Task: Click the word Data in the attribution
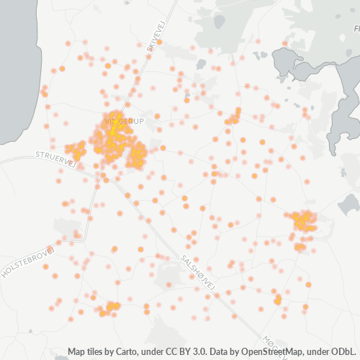point(221,352)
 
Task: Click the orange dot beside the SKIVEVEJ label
point(159,42)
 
